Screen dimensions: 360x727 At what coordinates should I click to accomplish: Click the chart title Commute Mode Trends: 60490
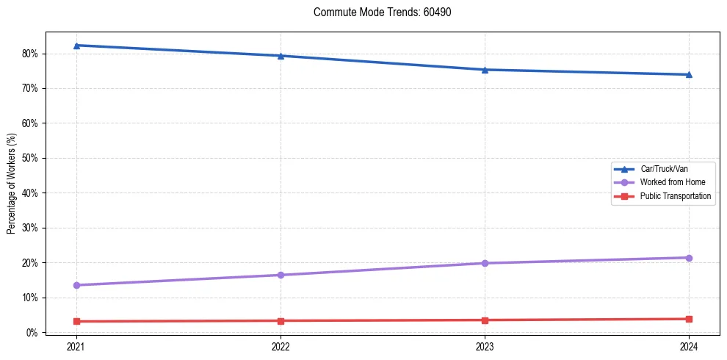pyautogui.click(x=377, y=12)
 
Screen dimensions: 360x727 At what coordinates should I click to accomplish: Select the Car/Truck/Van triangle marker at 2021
pyautogui.click(x=76, y=46)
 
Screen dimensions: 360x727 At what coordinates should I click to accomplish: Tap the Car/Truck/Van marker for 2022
pyautogui.click(x=281, y=56)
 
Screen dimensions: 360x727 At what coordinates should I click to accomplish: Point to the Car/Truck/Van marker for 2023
pyautogui.click(x=485, y=70)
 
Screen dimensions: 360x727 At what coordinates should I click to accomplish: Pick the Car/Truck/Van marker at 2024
pyautogui.click(x=689, y=74)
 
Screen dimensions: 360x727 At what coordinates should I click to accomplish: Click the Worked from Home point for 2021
pyautogui.click(x=76, y=285)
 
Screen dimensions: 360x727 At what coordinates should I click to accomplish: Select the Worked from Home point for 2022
pyautogui.click(x=281, y=275)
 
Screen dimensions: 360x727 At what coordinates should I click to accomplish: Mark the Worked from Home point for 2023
pyautogui.click(x=485, y=263)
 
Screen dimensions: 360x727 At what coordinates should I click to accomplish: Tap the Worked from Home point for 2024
pyautogui.click(x=689, y=258)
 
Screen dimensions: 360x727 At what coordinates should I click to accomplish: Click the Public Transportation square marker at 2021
pyautogui.click(x=76, y=321)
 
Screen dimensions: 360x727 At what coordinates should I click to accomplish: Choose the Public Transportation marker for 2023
pyautogui.click(x=485, y=320)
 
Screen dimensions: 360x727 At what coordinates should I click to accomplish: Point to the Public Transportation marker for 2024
pyautogui.click(x=689, y=319)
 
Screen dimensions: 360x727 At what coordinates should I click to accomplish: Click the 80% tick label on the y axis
pyautogui.click(x=30, y=54)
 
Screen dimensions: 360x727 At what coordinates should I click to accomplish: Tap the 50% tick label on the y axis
pyautogui.click(x=30, y=158)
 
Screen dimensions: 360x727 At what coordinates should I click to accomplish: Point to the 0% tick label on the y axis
pyautogui.click(x=32, y=333)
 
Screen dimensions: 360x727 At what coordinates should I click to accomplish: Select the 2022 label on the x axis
pyautogui.click(x=281, y=346)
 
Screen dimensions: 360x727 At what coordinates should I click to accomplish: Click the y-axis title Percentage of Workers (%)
pyautogui.click(x=11, y=184)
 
